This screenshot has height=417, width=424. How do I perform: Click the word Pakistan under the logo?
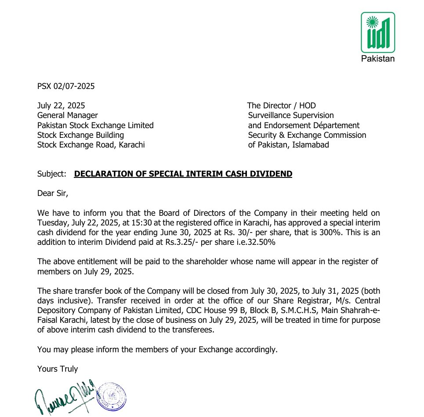[x=377, y=59]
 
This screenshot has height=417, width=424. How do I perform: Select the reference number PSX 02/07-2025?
[x=66, y=86]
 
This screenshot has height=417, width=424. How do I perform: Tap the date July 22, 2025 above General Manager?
[x=61, y=106]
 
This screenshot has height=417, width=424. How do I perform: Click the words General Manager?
[x=68, y=115]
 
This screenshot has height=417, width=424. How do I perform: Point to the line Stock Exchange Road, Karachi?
[x=91, y=144]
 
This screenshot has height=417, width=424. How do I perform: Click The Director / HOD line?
[x=281, y=106]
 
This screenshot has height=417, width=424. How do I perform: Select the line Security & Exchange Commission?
[x=307, y=135]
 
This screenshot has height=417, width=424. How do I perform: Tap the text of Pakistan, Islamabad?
[x=288, y=144]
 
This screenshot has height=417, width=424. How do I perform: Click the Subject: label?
[x=52, y=174]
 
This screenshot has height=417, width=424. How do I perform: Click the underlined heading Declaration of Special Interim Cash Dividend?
[x=183, y=174]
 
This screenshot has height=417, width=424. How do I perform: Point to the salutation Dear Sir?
[x=53, y=193]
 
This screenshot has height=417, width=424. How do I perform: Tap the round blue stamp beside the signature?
[x=112, y=395]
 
